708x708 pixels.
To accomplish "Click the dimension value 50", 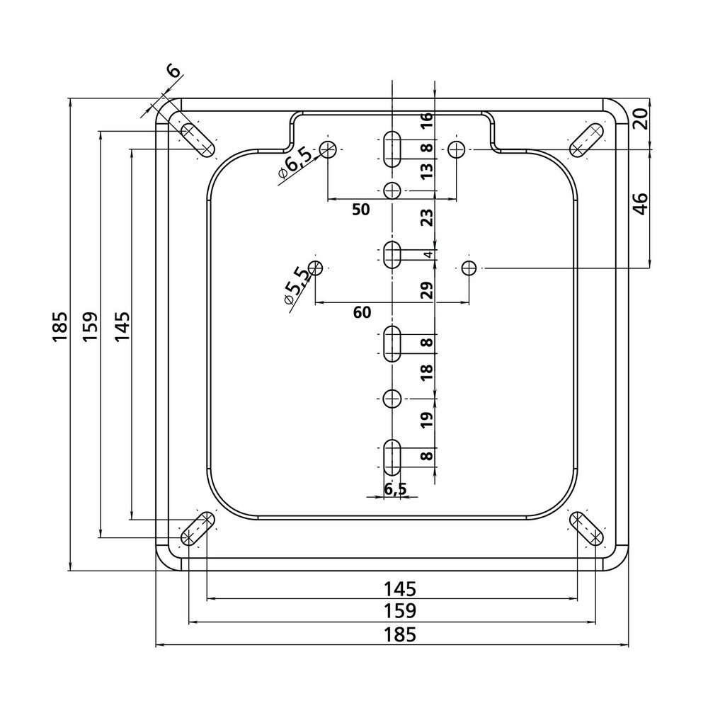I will point(361,210).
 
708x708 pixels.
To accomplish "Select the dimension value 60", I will point(361,313).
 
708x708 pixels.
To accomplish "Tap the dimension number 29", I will point(426,291).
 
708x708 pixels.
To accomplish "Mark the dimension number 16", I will point(426,120).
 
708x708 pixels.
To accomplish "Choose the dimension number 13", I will point(426,171).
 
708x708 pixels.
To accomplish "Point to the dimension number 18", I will point(426,373).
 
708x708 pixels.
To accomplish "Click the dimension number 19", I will point(426,422).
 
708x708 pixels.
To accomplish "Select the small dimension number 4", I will point(427,255).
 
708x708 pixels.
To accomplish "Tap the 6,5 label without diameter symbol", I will point(395,489).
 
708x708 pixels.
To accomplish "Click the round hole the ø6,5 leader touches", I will point(328,149).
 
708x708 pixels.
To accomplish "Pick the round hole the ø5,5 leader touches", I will point(316,268).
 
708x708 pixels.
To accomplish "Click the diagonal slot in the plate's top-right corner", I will point(587,139).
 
